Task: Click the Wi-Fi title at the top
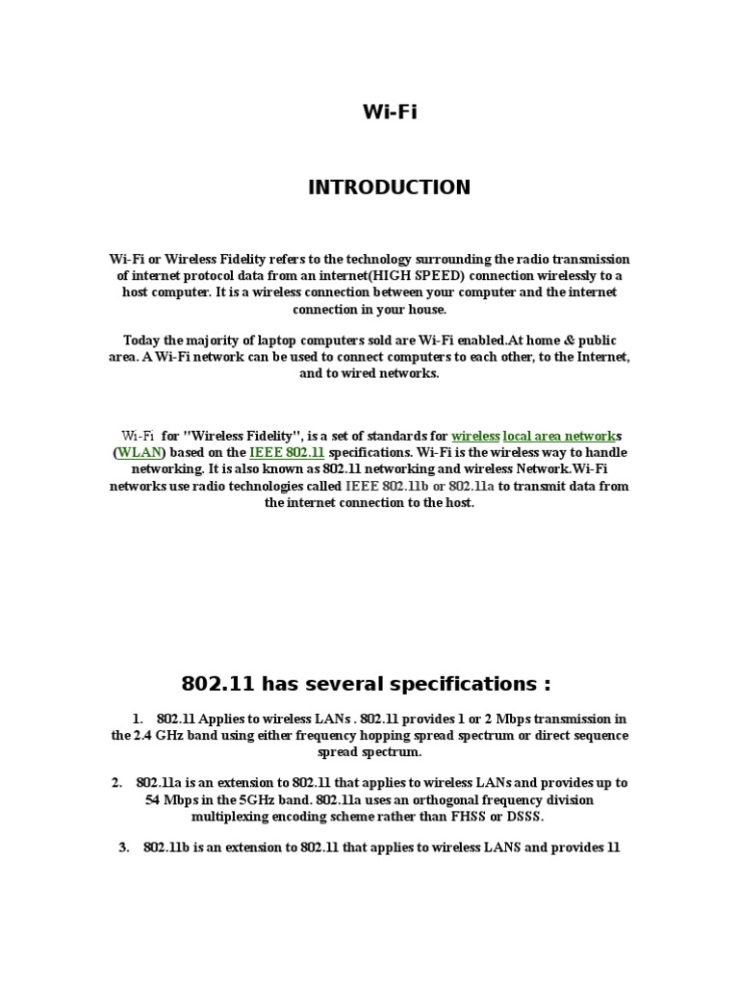coord(390,113)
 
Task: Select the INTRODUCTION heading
coord(389,188)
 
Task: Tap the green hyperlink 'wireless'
coord(475,436)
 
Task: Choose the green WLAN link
coord(140,452)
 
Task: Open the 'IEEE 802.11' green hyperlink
coord(287,452)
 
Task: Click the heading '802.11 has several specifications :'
coord(367,685)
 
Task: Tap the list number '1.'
coord(139,720)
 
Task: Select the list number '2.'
coord(116,783)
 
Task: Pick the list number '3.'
coord(124,847)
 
